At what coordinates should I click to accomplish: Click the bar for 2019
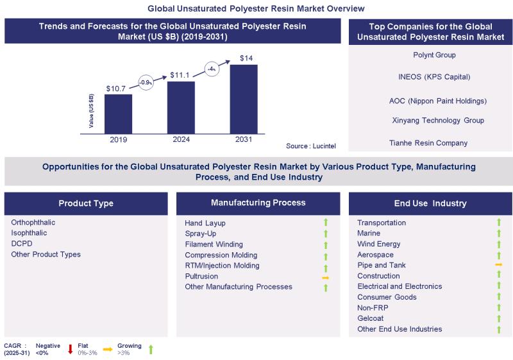tap(118, 114)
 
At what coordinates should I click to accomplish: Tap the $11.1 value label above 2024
tap(181, 75)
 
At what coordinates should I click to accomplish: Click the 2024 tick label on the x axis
tap(181, 139)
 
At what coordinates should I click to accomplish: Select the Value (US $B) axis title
tap(92, 111)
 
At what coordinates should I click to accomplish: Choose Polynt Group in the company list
tap(434, 55)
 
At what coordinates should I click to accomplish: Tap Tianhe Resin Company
tap(428, 142)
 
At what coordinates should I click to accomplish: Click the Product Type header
tap(86, 203)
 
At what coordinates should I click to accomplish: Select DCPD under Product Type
tap(22, 244)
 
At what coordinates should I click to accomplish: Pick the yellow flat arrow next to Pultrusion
tap(325, 277)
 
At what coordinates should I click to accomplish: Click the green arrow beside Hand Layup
tap(325, 223)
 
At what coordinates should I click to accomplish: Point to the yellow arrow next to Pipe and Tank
tap(498, 265)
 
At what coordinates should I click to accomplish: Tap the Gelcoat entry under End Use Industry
tap(371, 318)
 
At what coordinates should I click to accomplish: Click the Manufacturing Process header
tap(258, 203)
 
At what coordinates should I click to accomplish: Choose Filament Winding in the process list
tap(214, 244)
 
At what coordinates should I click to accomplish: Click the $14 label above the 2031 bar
tap(246, 59)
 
